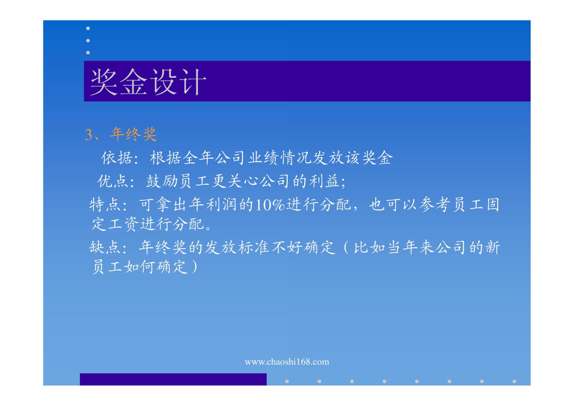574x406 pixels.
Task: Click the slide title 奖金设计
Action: [148, 82]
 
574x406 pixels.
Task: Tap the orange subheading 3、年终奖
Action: [121, 134]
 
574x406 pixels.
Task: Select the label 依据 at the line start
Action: [117, 158]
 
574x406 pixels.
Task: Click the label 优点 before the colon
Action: [112, 181]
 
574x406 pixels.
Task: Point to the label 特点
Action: [105, 205]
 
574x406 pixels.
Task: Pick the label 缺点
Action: [105, 247]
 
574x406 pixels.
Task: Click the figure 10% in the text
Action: [270, 205]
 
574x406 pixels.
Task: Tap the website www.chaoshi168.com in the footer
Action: [287, 362]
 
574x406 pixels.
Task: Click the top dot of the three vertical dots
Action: [88, 28]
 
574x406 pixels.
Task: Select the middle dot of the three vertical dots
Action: [88, 40]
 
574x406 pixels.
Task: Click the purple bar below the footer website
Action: [173, 379]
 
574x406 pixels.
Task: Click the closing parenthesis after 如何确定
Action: [195, 267]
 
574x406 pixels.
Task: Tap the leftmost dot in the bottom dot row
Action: [287, 381]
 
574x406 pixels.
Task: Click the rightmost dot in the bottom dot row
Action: [514, 381]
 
